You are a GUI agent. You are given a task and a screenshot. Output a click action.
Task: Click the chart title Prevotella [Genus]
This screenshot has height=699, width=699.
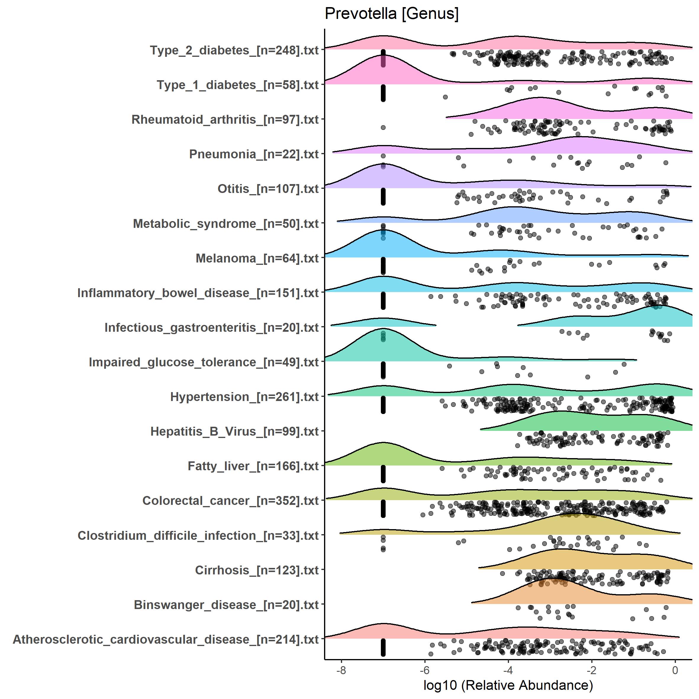point(392,14)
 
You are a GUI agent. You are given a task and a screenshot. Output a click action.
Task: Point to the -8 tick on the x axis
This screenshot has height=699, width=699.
point(341,670)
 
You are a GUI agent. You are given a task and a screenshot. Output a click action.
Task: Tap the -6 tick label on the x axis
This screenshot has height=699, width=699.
point(425,670)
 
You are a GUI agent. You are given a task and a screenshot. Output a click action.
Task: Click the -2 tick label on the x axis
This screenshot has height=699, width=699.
point(592,670)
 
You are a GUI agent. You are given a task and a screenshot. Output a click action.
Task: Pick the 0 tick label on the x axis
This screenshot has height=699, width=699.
point(675,670)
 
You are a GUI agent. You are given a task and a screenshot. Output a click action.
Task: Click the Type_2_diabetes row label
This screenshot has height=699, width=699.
point(234,50)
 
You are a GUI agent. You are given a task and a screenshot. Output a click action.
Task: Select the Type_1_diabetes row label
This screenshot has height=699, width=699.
point(238,85)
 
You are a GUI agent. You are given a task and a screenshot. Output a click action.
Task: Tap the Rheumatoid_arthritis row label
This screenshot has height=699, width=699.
point(225,119)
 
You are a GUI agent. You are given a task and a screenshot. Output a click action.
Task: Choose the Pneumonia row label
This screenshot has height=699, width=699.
point(254,154)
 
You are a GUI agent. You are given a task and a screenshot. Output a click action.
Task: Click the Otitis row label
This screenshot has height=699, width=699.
point(268,189)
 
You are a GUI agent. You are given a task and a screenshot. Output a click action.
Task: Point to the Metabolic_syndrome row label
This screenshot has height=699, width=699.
point(226,224)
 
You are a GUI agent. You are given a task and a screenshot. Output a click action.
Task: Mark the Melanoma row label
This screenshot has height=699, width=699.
point(257,258)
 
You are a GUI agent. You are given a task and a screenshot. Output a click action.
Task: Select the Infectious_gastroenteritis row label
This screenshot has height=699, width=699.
point(212,327)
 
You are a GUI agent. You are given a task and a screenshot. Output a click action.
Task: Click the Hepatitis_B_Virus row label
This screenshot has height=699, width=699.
point(234,431)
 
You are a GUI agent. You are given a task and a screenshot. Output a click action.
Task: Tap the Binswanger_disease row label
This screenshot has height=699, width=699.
point(226,605)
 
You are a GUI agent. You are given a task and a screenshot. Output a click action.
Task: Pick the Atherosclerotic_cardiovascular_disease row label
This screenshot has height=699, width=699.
point(166,639)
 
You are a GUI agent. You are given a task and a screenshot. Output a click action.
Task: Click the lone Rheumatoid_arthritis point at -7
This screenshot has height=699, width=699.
point(383,127)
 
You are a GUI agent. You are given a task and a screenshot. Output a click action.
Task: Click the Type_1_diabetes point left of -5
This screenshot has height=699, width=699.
point(445,97)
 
